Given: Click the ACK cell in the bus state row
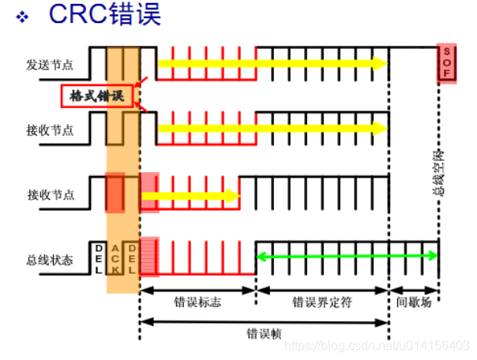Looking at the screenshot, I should [x=115, y=257].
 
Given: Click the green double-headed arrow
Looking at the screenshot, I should [x=347, y=254].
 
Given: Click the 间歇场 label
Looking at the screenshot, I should [x=415, y=302].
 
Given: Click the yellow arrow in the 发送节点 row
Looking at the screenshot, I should [x=272, y=63].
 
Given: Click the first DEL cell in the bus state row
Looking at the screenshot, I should [x=98, y=257].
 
